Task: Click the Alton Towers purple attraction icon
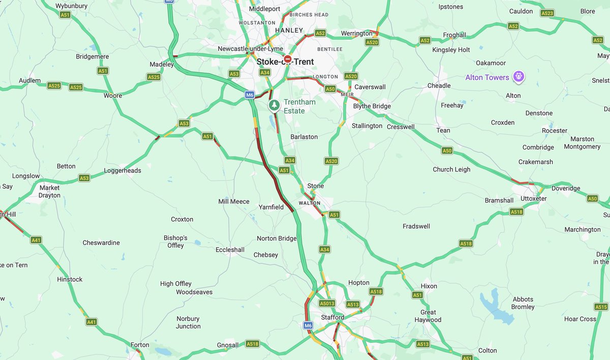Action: point(518,77)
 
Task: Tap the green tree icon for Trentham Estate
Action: point(274,105)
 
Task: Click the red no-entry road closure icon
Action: point(288,59)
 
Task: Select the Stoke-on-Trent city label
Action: point(285,62)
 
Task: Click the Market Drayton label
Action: point(49,191)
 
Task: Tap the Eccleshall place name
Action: point(230,250)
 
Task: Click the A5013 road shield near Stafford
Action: point(327,304)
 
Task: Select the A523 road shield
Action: point(547,13)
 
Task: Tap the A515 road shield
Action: point(601,307)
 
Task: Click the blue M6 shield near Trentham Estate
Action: point(249,95)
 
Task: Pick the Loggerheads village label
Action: point(123,170)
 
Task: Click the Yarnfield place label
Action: point(271,207)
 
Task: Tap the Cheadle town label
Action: point(439,85)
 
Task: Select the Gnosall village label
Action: point(227,345)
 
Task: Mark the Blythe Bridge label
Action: point(372,106)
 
